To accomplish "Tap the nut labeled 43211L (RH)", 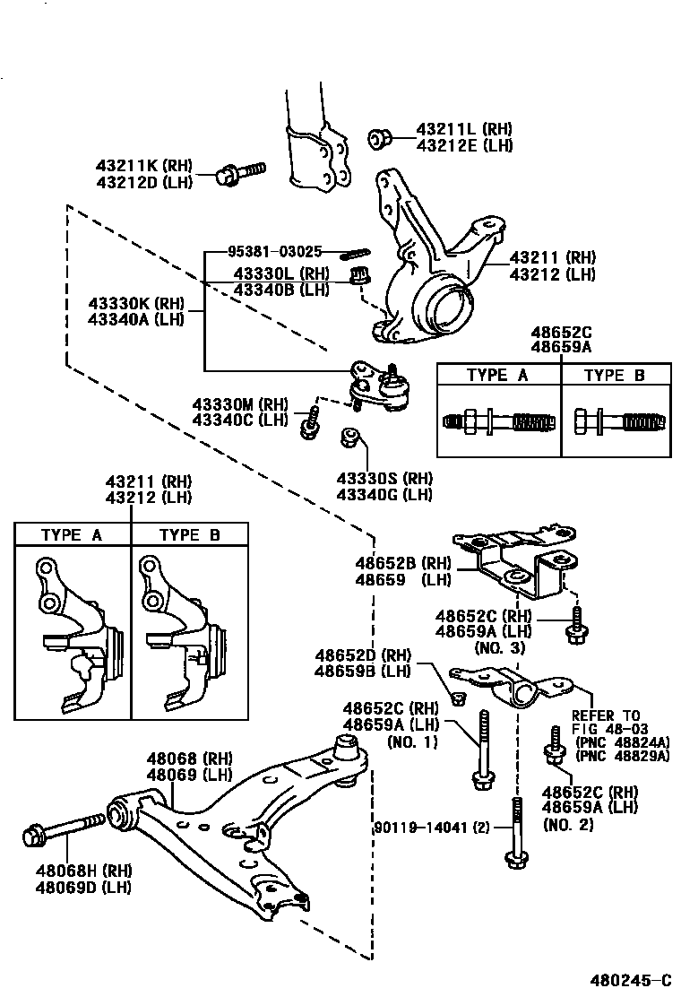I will tap(379, 138).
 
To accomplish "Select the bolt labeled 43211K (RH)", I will tap(240, 172).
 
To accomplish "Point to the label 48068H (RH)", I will tap(83, 870).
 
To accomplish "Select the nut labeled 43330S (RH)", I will tap(350, 438).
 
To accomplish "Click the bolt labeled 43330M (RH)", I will tap(310, 421).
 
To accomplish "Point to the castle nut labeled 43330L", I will tap(361, 275).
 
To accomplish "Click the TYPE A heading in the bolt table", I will tap(498, 375).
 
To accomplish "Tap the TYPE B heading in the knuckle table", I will tap(189, 535).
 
